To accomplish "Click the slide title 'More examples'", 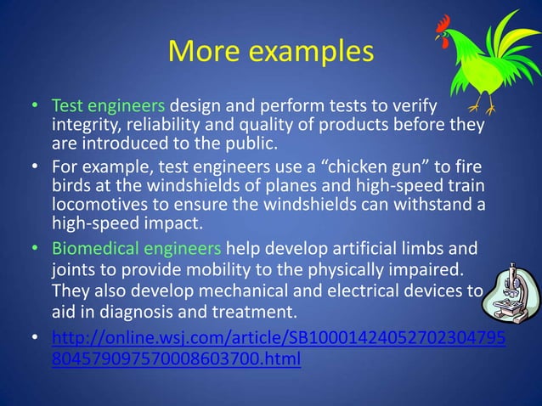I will point(271,52).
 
